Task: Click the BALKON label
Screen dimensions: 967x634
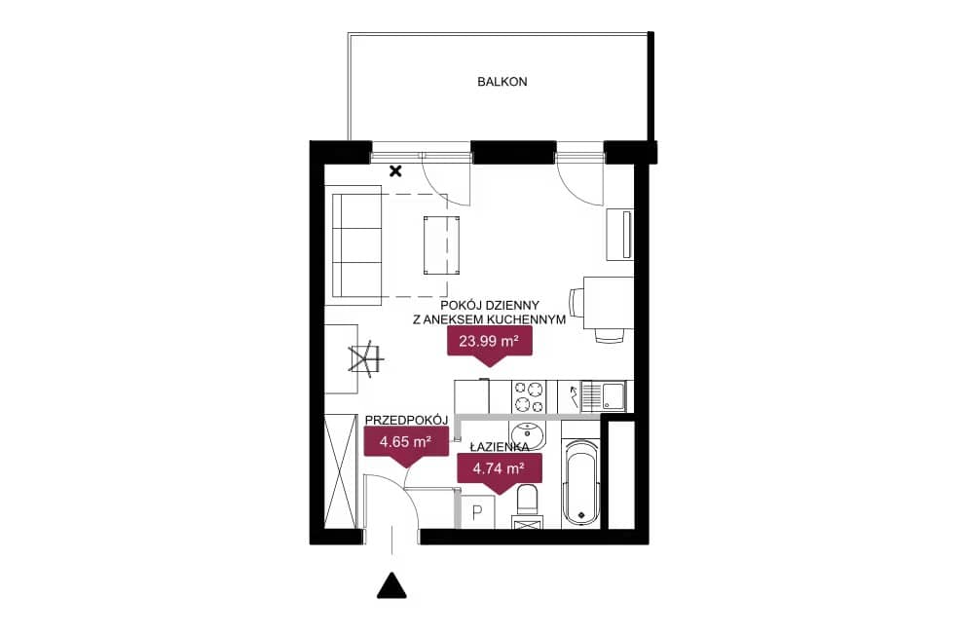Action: click(x=502, y=82)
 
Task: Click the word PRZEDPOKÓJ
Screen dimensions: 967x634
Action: click(x=406, y=420)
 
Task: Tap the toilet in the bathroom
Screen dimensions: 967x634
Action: click(x=528, y=501)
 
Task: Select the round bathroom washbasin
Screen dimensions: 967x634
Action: click(x=527, y=435)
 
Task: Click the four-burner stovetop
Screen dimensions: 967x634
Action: click(x=530, y=397)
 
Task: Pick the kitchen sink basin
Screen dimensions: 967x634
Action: click(x=613, y=396)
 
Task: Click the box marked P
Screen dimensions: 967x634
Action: click(x=477, y=512)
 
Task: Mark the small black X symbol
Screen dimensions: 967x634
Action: click(x=395, y=170)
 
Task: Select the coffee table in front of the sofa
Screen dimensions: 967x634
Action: click(x=441, y=244)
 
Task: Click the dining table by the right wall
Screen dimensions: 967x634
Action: click(x=608, y=303)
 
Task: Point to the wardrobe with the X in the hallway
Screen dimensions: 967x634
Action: click(x=341, y=471)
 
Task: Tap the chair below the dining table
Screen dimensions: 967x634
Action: click(x=610, y=335)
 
